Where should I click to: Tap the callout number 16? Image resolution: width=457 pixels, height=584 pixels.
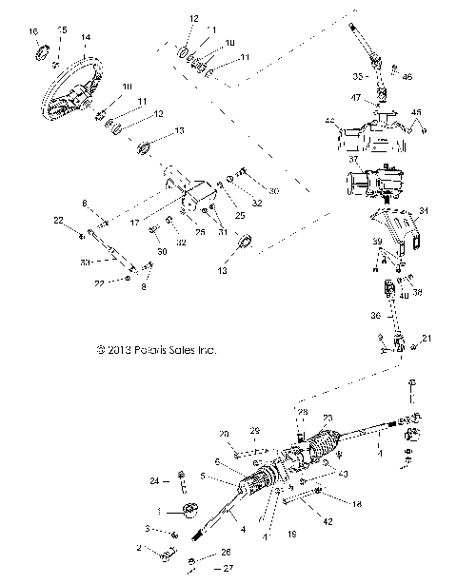tap(35, 33)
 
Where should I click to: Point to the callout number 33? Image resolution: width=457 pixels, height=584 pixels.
tap(86, 261)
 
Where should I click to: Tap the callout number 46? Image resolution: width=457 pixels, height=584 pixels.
tap(407, 75)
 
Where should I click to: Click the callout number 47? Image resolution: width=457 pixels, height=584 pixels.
tap(355, 98)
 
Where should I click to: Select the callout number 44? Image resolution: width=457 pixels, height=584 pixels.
tap(330, 122)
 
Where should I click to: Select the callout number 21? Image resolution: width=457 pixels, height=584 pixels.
tap(426, 339)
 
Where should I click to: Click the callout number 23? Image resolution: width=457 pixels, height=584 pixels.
tap(328, 418)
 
